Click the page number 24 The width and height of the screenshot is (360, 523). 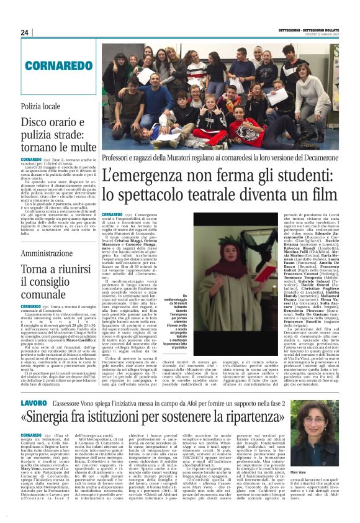(x=24, y=32)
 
